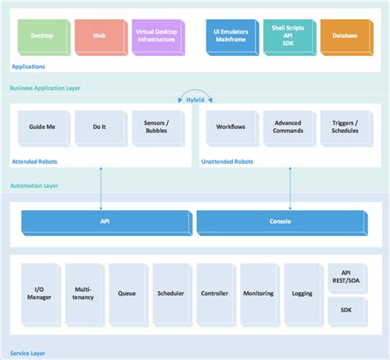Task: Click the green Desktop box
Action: [42, 35]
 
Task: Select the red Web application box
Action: [99, 35]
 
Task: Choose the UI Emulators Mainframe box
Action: [230, 35]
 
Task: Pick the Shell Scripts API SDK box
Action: [286, 35]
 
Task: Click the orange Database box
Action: [344, 35]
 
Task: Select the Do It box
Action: [99, 127]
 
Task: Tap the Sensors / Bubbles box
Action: [156, 127]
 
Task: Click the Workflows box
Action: [230, 127]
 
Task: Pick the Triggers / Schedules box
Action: [344, 127]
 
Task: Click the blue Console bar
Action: [281, 221]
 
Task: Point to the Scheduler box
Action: [169, 293]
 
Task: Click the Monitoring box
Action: [258, 293]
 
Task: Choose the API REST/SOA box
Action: [346, 276]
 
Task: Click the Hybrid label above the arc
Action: [195, 99]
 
